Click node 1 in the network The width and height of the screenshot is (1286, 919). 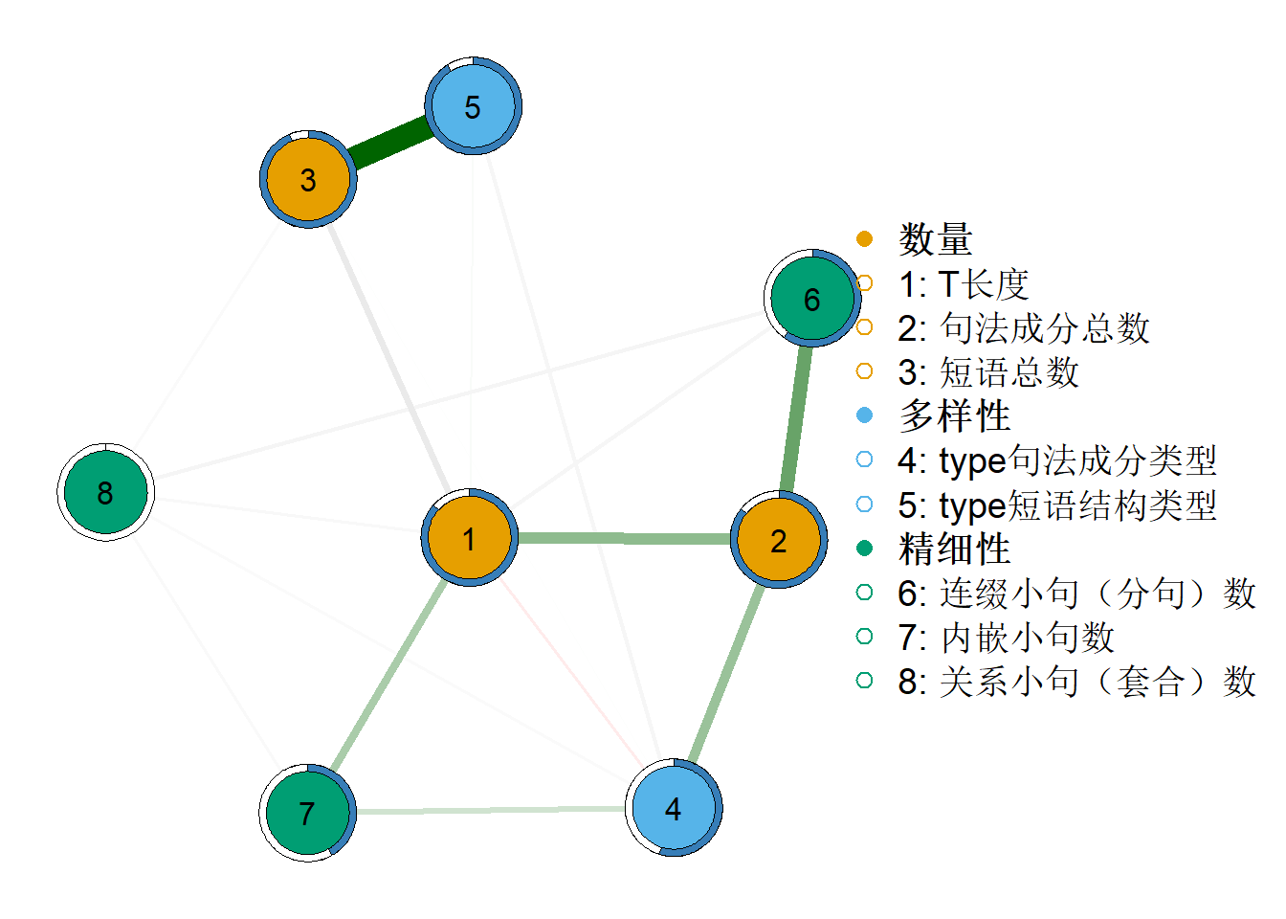[x=470, y=538]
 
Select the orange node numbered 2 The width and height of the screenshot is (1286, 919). [x=779, y=539]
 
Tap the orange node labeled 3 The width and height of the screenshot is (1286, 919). [x=308, y=179]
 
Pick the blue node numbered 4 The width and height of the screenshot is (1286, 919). [x=674, y=808]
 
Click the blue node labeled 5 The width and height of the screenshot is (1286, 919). [x=473, y=105]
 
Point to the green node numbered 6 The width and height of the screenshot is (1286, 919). [x=812, y=298]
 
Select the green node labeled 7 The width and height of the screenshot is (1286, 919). [x=308, y=813]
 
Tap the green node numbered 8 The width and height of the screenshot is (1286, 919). [x=105, y=492]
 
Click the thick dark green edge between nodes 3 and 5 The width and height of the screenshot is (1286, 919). [x=390, y=143]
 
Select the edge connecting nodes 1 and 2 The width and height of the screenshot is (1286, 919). [x=624, y=538]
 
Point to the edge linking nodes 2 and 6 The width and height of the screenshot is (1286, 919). [x=796, y=418]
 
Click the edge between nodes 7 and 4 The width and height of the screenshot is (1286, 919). [x=491, y=810]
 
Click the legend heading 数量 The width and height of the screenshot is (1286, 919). [x=935, y=239]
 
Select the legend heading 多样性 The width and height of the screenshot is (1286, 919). [x=954, y=415]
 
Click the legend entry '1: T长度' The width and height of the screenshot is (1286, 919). [x=964, y=283]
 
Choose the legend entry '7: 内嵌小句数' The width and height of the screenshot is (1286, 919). [x=1006, y=637]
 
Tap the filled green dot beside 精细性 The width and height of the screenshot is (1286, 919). [x=864, y=548]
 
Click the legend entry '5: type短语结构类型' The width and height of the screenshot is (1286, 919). [x=1057, y=504]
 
